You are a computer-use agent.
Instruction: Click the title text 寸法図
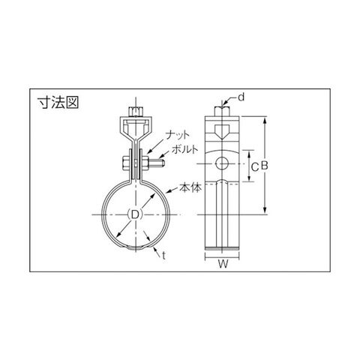click(x=58, y=102)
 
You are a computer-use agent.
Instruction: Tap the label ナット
click(x=178, y=136)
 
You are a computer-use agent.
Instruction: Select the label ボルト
click(x=184, y=149)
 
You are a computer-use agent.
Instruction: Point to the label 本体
click(x=190, y=187)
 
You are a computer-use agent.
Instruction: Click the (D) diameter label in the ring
click(x=135, y=214)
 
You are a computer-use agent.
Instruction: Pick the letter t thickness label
click(x=163, y=256)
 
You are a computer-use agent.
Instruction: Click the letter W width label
click(x=223, y=264)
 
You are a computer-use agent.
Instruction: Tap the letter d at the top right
click(x=241, y=97)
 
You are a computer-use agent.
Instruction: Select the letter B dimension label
click(x=264, y=166)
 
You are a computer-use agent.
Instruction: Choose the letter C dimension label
click(x=254, y=167)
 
